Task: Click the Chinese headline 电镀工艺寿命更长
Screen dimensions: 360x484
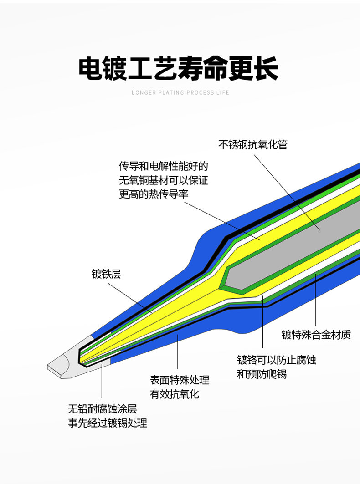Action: (x=178, y=69)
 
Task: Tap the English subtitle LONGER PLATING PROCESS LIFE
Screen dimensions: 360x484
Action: (x=180, y=93)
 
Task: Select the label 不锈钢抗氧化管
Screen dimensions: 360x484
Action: (x=252, y=145)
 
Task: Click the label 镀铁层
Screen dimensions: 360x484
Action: (x=106, y=274)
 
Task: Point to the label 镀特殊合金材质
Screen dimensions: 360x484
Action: (x=316, y=335)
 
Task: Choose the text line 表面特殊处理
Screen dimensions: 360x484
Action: (x=180, y=380)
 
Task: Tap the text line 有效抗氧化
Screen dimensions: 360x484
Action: (x=175, y=394)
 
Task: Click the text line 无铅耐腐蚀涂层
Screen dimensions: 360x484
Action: (x=103, y=408)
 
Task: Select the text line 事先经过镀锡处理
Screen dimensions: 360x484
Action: (x=108, y=423)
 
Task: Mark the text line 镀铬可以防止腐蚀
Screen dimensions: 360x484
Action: (x=276, y=360)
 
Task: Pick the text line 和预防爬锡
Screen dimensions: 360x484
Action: (x=262, y=375)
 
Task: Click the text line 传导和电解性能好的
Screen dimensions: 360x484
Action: (x=163, y=166)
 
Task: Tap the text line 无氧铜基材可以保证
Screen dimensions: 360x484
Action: (x=163, y=180)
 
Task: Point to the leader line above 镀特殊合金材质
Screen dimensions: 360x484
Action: (x=316, y=301)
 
